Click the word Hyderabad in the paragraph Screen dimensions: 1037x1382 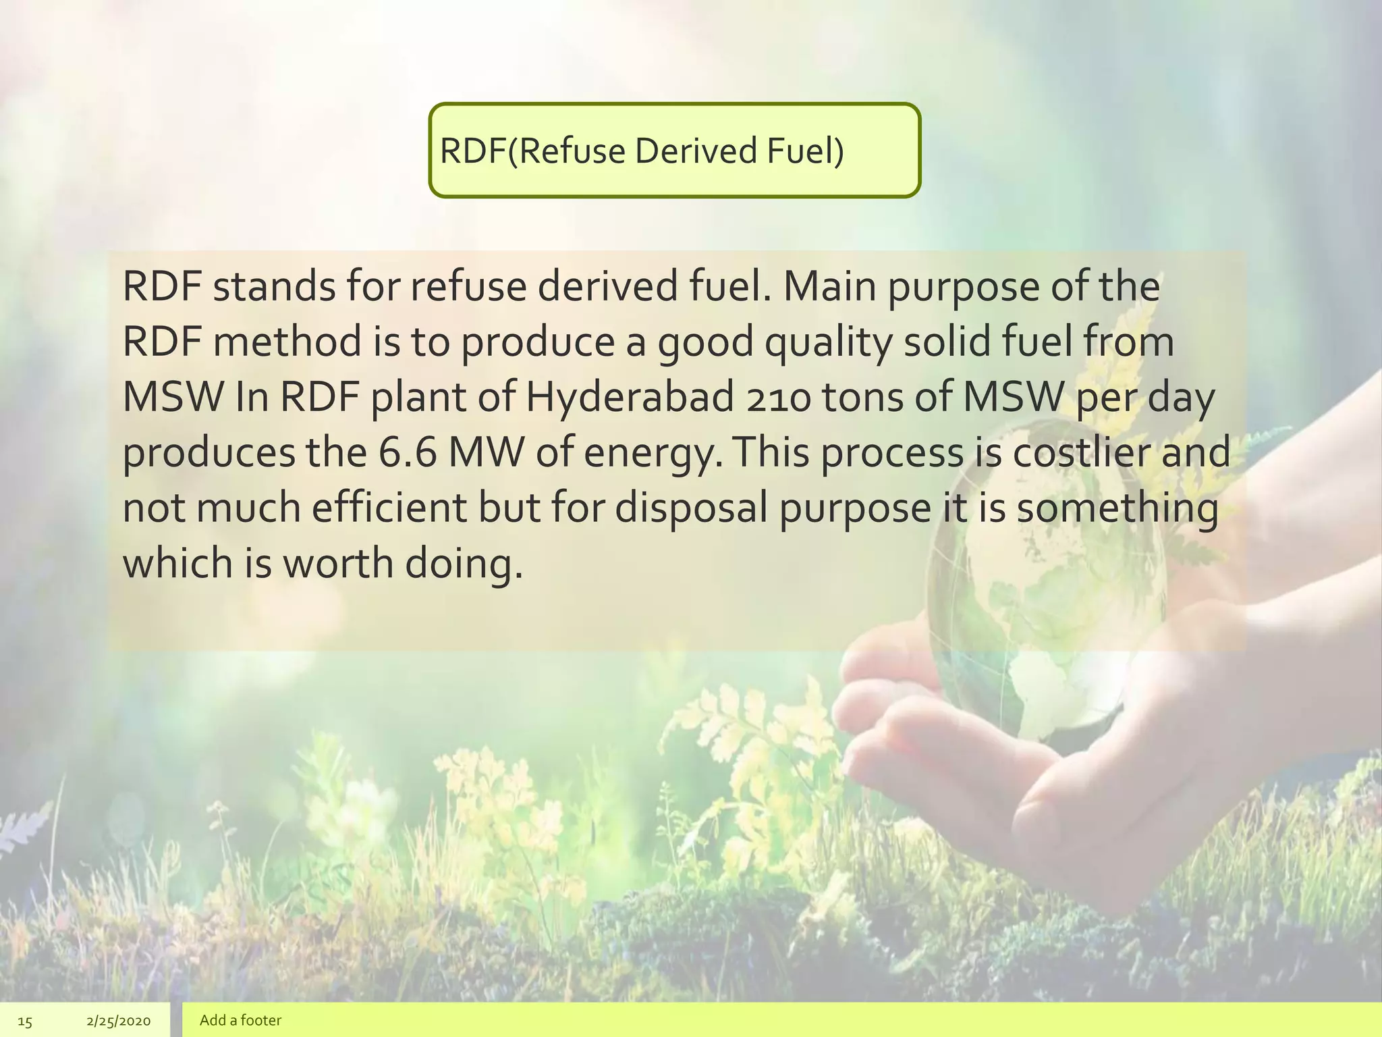tap(629, 398)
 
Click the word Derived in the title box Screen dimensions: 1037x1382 tap(695, 151)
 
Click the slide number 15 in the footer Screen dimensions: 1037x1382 tap(24, 1021)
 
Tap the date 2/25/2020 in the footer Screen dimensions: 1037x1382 tap(119, 1021)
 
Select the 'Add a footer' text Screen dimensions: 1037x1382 tap(240, 1020)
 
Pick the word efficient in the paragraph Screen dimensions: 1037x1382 tap(389, 508)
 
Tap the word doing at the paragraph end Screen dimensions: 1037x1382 tap(463, 563)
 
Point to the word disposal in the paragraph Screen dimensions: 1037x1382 tap(691, 508)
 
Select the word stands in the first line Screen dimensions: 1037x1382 tap(274, 287)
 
